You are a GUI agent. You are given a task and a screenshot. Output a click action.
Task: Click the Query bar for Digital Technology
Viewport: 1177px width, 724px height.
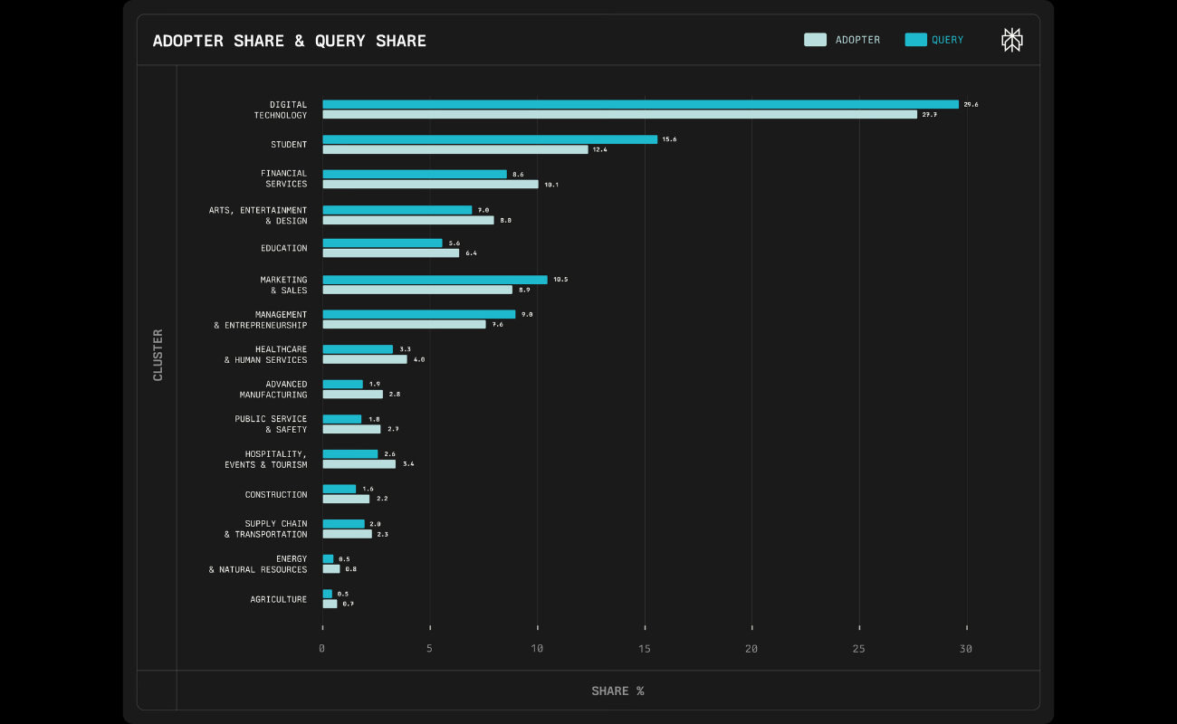coord(640,104)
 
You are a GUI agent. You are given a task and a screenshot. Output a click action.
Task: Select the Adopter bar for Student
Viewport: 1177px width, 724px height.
coord(455,149)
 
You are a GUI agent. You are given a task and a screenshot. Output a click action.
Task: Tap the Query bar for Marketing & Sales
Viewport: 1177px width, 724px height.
coord(435,280)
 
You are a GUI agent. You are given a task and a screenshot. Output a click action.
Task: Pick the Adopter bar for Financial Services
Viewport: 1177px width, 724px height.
coord(430,185)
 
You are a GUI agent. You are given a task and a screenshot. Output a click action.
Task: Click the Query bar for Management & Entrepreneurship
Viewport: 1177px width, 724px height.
coord(418,314)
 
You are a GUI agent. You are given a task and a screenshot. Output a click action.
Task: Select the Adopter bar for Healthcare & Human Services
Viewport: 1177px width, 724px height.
coord(365,359)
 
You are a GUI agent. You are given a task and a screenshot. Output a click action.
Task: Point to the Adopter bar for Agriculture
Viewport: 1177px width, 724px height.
coord(330,604)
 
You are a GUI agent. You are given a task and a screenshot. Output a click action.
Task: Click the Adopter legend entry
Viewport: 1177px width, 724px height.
coord(842,40)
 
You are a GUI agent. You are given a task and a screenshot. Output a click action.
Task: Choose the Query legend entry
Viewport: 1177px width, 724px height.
coord(934,40)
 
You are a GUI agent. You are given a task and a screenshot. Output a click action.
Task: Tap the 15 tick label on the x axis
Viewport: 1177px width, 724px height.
coord(645,649)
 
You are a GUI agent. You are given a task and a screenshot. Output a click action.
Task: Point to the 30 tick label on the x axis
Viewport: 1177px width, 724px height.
coord(966,649)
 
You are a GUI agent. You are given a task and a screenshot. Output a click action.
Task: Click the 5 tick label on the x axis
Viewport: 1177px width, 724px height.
coord(430,649)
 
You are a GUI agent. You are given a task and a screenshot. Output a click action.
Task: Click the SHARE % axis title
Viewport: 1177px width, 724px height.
coord(617,691)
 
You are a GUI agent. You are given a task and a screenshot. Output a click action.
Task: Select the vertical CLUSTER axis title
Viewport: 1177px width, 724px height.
coord(158,355)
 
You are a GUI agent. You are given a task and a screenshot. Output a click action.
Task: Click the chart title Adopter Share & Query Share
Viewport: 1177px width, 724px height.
coord(290,41)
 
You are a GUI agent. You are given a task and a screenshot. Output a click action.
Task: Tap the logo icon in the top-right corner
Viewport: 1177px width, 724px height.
coord(1011,40)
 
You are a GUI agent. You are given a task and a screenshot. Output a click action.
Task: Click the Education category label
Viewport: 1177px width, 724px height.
coord(284,248)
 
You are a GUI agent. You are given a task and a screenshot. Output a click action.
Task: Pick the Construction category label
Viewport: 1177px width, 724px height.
coord(276,495)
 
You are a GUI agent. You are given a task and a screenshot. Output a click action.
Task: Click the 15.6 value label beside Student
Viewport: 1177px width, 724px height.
coord(669,139)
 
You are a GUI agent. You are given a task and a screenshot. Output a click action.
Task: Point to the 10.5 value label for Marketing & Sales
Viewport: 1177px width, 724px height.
coord(560,280)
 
